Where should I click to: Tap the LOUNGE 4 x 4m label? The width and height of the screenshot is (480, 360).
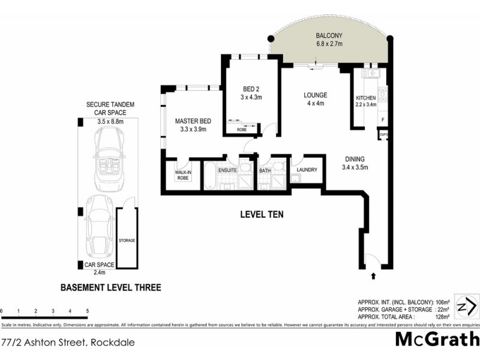pyautogui.click(x=315, y=99)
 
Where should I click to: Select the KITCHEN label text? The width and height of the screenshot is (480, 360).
pyautogui.click(x=366, y=98)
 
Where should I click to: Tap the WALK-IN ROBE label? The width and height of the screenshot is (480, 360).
pyautogui.click(x=182, y=175)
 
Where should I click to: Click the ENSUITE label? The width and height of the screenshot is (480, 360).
pyautogui.click(x=227, y=171)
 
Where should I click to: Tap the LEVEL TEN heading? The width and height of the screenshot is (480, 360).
pyautogui.click(x=262, y=214)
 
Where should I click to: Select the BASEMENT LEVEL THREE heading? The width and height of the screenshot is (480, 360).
pyautogui.click(x=111, y=287)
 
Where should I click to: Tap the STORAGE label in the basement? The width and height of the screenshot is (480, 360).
pyautogui.click(x=127, y=241)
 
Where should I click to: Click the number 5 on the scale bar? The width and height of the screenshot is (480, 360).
pyautogui.click(x=88, y=311)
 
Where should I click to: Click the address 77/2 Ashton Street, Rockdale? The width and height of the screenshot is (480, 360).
pyautogui.click(x=67, y=343)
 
